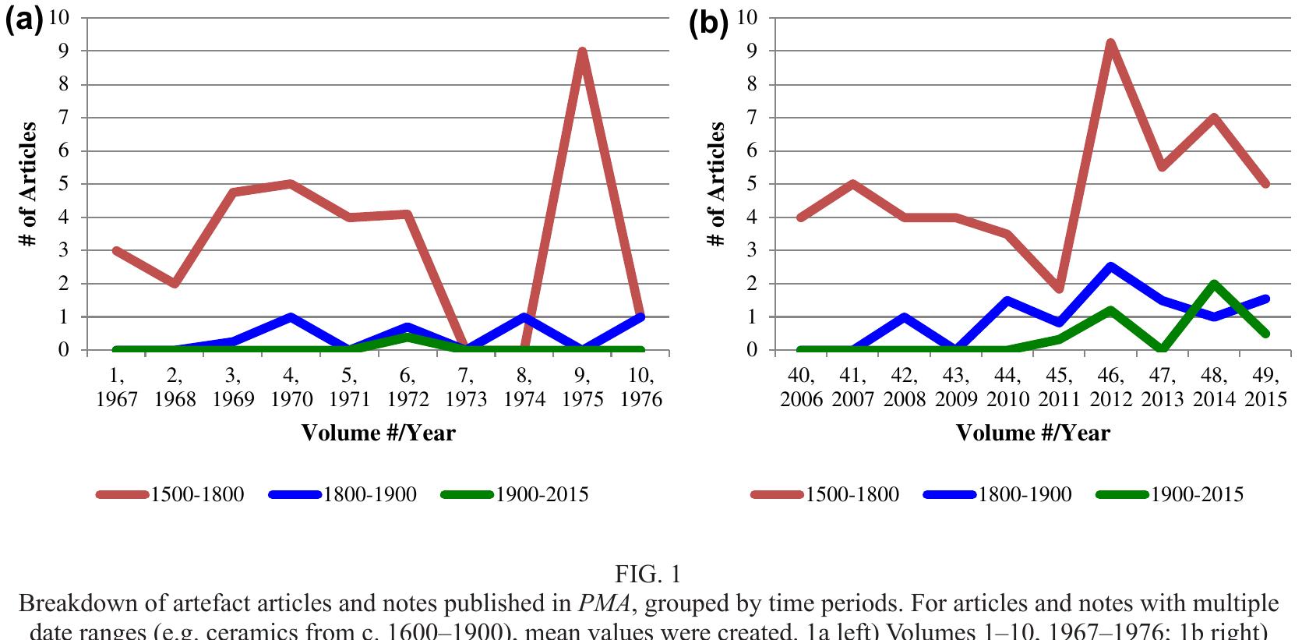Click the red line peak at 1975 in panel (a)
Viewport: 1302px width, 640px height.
pos(582,52)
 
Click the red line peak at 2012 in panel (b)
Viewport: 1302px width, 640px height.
pos(1110,44)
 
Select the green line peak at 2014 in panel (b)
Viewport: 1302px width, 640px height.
pos(1214,285)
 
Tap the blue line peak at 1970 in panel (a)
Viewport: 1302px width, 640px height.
pos(290,317)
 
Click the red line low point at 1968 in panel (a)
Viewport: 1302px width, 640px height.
pos(175,283)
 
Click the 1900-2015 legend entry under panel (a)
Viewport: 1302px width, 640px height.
pos(515,494)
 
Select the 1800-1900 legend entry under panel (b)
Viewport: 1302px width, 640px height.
pos(997,494)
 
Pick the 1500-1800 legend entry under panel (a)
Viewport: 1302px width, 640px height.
pos(171,494)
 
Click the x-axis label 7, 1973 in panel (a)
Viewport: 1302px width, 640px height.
pos(466,387)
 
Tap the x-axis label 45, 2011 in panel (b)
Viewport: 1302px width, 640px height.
pos(1059,387)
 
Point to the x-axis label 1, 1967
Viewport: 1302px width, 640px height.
pos(117,387)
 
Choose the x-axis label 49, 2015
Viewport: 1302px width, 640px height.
pos(1265,387)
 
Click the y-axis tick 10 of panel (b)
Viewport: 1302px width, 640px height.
pos(746,17)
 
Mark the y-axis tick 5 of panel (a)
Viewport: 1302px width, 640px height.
pos(63,184)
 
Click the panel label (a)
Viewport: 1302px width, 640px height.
pos(23,21)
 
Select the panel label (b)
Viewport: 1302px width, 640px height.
pos(708,23)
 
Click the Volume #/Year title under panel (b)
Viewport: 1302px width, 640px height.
pos(1032,433)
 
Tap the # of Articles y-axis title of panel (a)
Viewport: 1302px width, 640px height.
pos(28,184)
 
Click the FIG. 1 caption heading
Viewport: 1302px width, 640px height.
pos(647,575)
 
